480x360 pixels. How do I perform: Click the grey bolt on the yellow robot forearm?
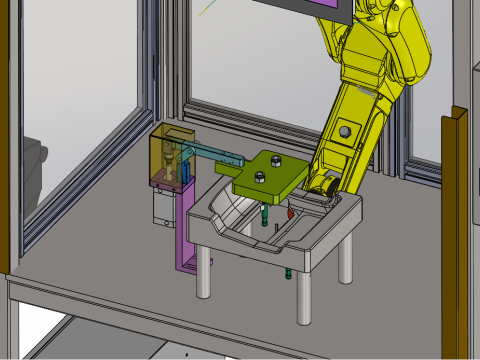[x=344, y=131]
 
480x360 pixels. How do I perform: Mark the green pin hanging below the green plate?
[x=264, y=214]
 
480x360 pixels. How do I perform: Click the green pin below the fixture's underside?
[x=288, y=271]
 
